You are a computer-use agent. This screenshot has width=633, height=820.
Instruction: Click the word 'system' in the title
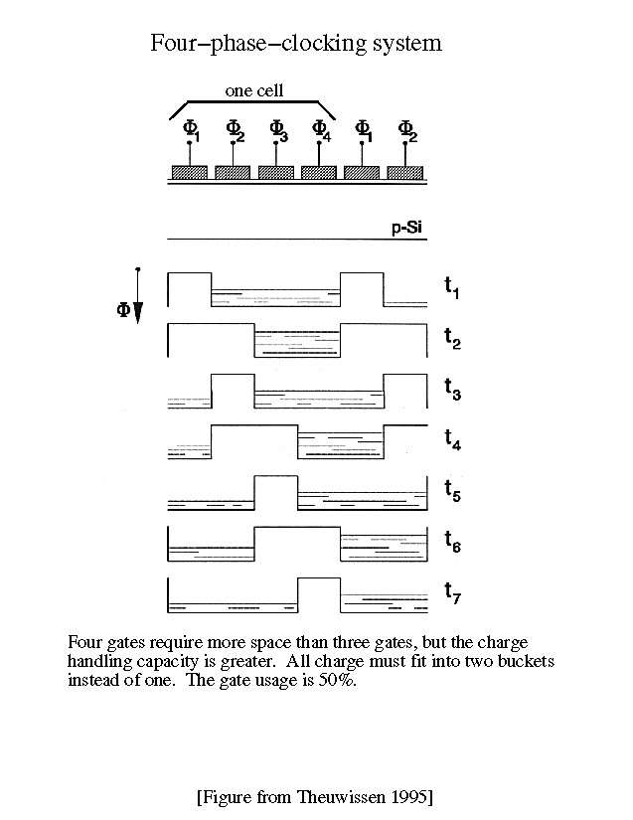tap(403, 45)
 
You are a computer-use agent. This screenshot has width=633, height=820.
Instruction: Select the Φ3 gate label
tap(277, 129)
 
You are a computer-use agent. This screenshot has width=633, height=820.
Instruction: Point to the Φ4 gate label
tap(320, 129)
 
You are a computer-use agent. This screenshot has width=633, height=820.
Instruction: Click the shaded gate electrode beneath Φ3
tap(275, 172)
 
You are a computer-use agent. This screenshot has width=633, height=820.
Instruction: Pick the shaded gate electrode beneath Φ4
tap(319, 172)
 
